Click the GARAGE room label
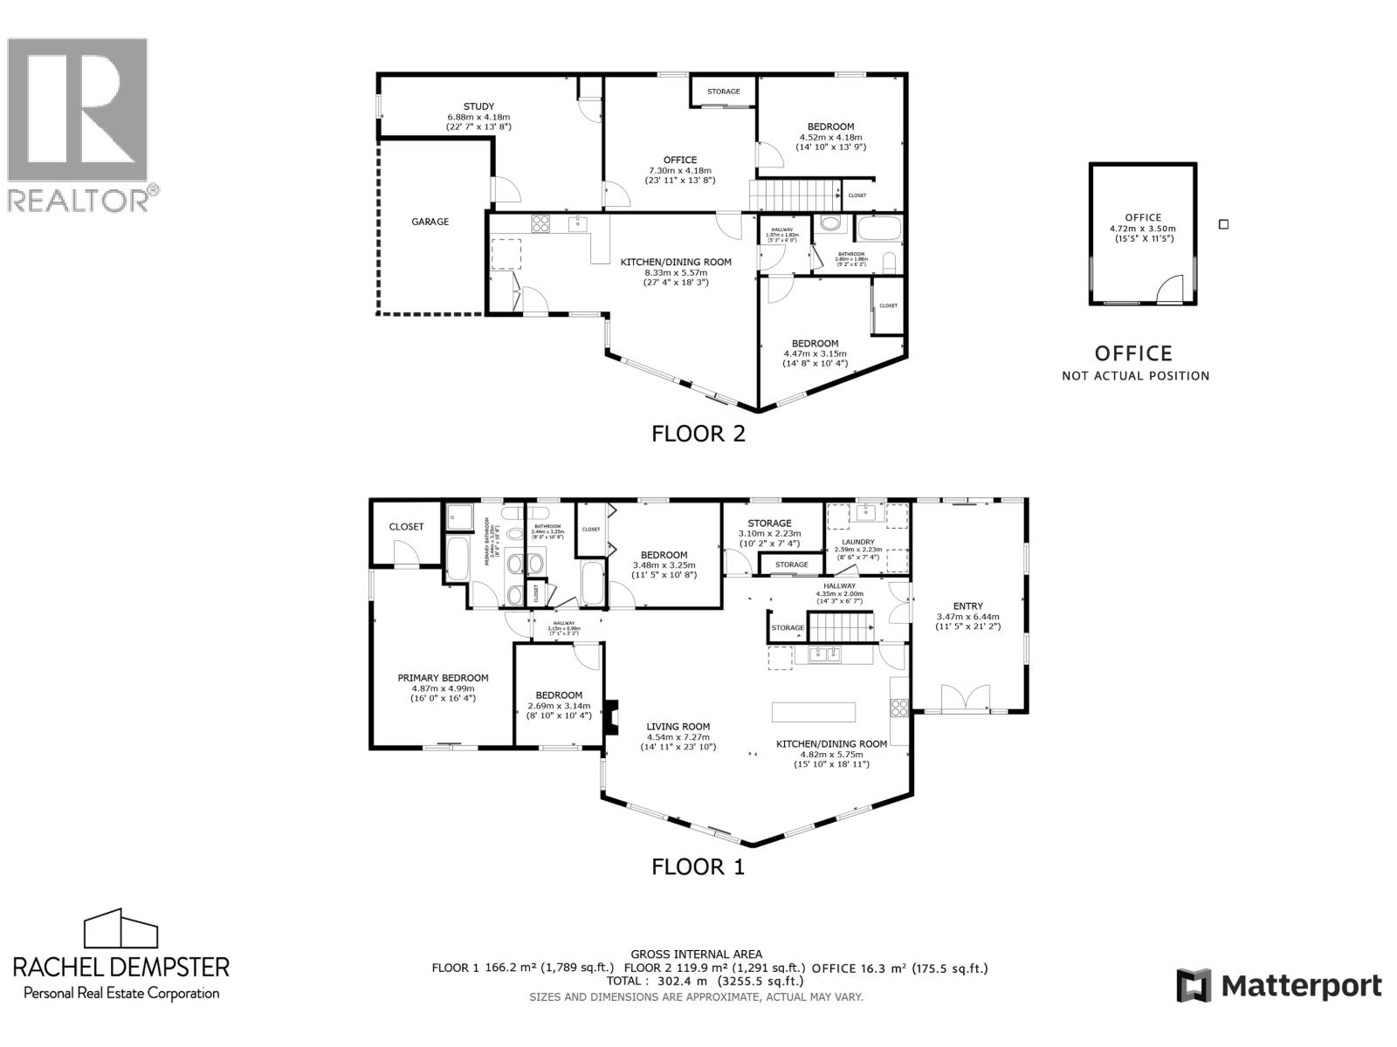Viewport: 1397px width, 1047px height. click(430, 222)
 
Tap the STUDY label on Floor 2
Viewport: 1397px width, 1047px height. click(478, 106)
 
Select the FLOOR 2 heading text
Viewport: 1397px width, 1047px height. click(698, 434)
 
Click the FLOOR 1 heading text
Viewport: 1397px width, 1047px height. click(698, 866)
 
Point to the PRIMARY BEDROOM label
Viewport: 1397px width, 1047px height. click(443, 678)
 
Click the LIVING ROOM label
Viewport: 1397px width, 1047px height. click(678, 726)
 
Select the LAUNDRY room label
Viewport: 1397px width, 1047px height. click(858, 542)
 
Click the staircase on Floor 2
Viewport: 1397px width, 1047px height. click(794, 194)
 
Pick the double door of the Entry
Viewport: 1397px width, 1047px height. click(965, 697)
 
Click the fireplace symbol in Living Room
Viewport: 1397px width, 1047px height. click(614, 718)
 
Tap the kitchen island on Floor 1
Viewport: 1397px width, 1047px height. click(813, 711)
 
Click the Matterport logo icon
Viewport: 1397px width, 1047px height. click(1193, 986)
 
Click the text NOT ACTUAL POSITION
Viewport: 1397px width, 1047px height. click(1135, 376)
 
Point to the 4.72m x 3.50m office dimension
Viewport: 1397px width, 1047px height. click(1143, 229)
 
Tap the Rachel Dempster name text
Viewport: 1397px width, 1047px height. click(121, 967)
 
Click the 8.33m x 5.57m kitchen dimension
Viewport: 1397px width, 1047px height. click(676, 272)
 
